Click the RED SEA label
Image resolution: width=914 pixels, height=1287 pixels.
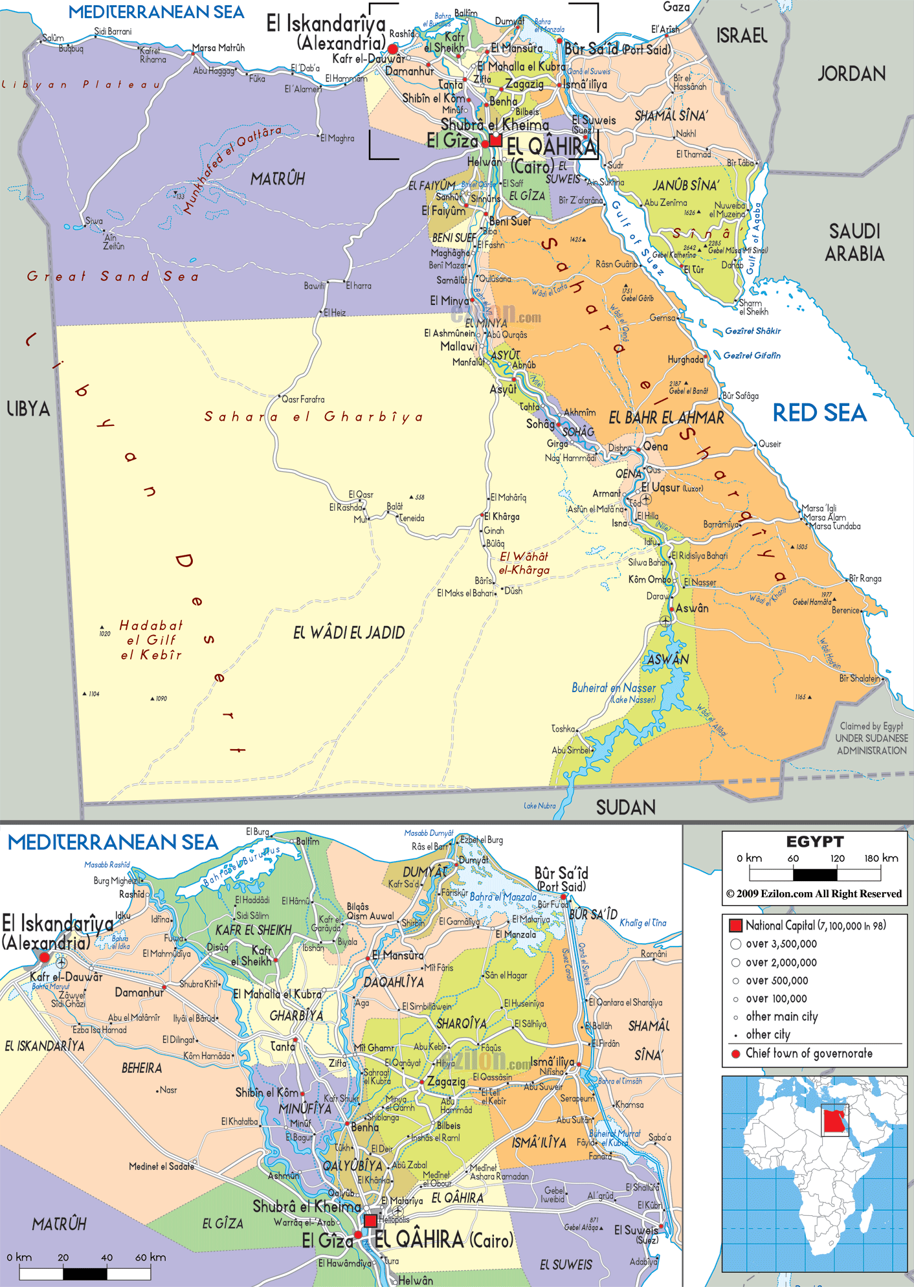(819, 413)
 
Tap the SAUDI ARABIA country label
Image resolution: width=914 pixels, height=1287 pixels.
(854, 242)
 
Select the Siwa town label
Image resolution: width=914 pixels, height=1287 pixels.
(94, 221)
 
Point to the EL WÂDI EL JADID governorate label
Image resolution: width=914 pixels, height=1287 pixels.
(349, 632)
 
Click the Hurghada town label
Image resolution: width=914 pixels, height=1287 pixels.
(685, 359)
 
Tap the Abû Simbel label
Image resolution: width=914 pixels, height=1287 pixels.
(571, 750)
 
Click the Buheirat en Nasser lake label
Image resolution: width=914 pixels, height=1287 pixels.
(614, 688)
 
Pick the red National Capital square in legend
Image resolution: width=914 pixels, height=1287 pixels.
(735, 926)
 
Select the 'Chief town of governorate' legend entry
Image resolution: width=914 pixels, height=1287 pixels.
(808, 1053)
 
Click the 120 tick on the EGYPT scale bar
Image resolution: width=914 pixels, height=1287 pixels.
(838, 858)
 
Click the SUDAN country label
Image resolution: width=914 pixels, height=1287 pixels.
(625, 807)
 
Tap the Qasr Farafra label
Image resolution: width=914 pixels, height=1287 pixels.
(303, 399)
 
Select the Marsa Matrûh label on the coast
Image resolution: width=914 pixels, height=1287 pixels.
(219, 48)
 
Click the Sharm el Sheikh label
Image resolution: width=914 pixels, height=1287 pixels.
(753, 308)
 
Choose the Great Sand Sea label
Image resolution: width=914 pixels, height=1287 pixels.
(113, 276)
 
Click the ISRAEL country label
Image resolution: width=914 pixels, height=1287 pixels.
(741, 36)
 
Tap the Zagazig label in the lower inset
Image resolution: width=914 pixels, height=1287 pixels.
(446, 1082)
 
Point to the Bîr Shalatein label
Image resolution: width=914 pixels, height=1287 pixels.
(859, 678)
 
